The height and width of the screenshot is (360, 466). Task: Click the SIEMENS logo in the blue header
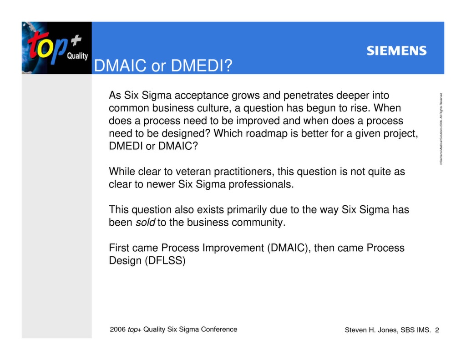396,51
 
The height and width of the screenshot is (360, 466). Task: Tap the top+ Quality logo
56,48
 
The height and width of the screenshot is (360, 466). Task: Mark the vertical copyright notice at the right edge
441,129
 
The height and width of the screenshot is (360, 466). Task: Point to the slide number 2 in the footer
437,330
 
